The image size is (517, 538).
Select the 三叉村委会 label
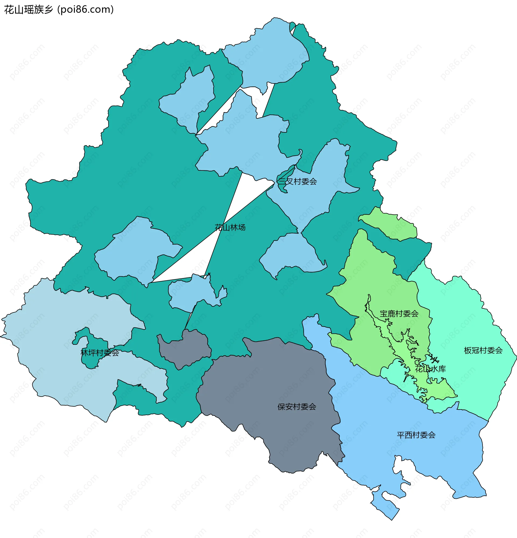point(297,181)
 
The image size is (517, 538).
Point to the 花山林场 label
point(230,227)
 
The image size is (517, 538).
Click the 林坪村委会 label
point(100,353)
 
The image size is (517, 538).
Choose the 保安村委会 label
point(297,407)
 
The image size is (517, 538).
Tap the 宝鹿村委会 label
point(399,314)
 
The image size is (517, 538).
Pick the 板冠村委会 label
point(483,351)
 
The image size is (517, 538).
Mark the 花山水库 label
point(430,369)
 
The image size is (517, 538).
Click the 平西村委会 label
point(416,435)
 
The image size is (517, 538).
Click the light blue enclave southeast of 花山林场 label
point(291,252)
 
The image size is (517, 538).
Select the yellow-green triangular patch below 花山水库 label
point(442,390)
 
